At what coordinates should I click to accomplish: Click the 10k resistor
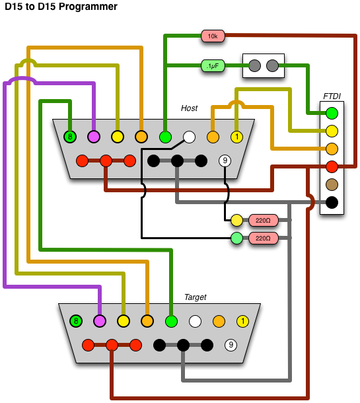[213, 36]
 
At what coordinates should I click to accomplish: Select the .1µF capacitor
[213, 66]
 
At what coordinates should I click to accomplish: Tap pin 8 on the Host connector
[70, 137]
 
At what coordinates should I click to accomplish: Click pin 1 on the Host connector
[236, 137]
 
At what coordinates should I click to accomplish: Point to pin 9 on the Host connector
[225, 161]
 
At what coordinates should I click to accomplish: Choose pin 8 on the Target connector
[76, 321]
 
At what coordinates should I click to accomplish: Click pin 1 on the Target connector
[242, 321]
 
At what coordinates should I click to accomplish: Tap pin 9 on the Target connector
[231, 345]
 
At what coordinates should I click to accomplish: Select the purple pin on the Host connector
[94, 137]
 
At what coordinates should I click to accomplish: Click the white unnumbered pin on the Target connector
[195, 321]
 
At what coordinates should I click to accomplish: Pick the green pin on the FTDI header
[332, 114]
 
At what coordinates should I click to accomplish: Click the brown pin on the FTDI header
[332, 184]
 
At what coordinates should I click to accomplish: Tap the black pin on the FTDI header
[332, 203]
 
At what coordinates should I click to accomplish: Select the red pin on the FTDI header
[332, 166]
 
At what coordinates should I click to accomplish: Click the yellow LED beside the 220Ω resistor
[236, 220]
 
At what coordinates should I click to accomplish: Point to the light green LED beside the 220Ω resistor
[236, 238]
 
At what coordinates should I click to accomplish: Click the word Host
[189, 108]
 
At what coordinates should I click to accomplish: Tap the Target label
[196, 297]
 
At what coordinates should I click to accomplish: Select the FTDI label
[332, 96]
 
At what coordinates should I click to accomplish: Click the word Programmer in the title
[88, 7]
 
